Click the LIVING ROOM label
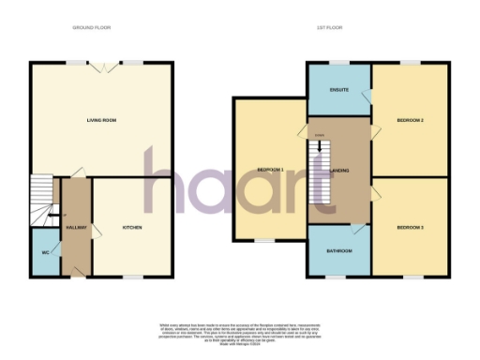pyautogui.click(x=100, y=120)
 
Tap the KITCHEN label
pyautogui.click(x=131, y=228)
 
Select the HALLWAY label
pyautogui.click(x=76, y=228)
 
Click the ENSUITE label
pyautogui.click(x=338, y=90)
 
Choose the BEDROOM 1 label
pyautogui.click(x=270, y=170)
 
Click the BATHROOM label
pyautogui.click(x=338, y=251)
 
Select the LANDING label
pyautogui.click(x=339, y=170)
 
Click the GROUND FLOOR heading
pyautogui.click(x=92, y=28)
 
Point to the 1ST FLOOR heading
pyautogui.click(x=327, y=28)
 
